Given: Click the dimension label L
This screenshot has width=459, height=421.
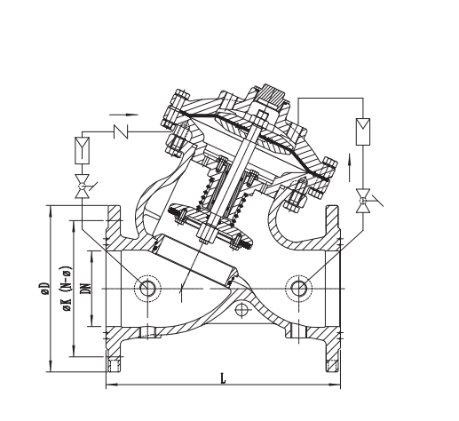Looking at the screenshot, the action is [x=223, y=378].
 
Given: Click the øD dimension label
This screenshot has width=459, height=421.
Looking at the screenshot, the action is [x=45, y=289].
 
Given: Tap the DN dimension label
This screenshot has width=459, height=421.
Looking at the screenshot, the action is [x=85, y=289].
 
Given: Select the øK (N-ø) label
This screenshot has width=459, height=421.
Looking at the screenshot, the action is [x=67, y=289].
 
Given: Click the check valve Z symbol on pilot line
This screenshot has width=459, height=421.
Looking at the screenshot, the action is [x=121, y=131].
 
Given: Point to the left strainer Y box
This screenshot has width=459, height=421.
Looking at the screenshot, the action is [x=82, y=150].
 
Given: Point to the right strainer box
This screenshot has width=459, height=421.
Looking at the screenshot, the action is [x=363, y=131].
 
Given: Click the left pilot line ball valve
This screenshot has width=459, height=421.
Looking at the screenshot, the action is [x=83, y=187].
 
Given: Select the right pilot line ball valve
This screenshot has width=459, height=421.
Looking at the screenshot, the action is [x=364, y=201].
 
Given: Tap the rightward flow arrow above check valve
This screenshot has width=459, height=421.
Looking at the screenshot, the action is [x=123, y=115].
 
